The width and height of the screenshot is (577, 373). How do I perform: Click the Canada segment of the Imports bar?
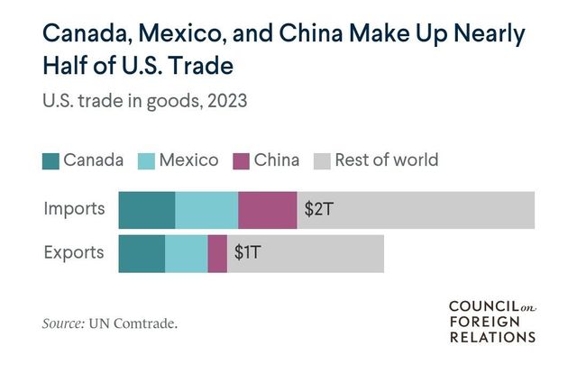click(147, 210)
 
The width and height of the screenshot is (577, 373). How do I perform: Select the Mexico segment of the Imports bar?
click(206, 210)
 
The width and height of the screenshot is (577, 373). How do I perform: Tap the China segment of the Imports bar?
click(267, 210)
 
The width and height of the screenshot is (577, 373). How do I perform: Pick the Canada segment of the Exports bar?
click(142, 253)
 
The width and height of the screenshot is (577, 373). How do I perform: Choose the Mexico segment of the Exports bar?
click(186, 253)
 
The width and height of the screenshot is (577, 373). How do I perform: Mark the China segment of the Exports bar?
click(217, 253)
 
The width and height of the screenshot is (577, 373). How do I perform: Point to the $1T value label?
click(247, 253)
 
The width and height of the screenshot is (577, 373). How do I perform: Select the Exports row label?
click(74, 253)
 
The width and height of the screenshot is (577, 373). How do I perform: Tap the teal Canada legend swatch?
click(50, 161)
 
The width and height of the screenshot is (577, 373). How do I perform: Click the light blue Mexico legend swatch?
click(147, 161)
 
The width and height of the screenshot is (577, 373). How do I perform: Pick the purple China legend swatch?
click(242, 161)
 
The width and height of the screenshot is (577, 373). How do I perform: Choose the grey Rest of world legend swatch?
click(321, 161)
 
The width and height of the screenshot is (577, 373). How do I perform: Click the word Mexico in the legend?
click(188, 161)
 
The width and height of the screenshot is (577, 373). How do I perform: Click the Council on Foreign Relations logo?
click(492, 322)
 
